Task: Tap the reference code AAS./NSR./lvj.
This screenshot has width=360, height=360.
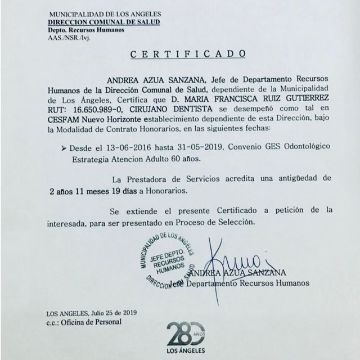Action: [66, 37]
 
